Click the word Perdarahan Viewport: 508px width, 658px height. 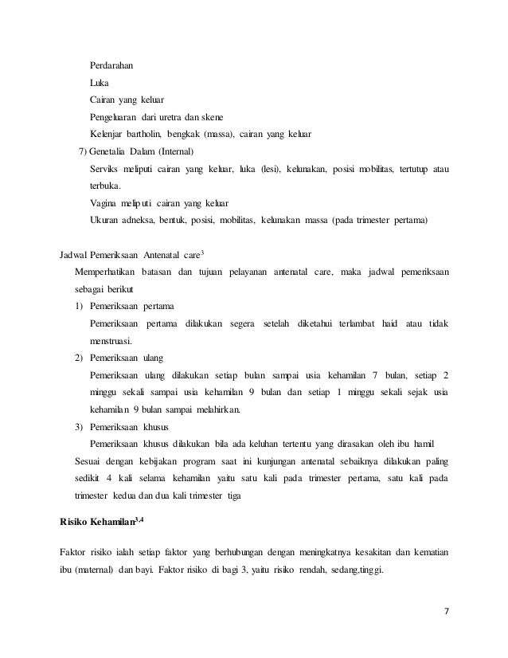[111, 65]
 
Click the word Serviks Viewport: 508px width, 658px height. [106, 170]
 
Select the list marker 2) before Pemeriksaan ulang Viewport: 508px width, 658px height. [78, 359]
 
